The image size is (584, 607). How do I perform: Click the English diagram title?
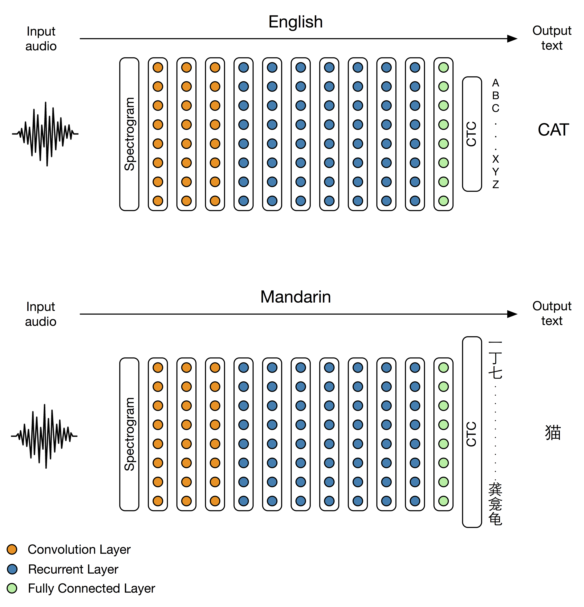coord(295,22)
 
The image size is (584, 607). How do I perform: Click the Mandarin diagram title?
coord(295,297)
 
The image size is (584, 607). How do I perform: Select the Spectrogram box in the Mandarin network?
coord(129,434)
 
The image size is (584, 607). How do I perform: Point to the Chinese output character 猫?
coord(553,433)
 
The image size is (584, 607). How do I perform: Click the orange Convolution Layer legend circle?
coord(12,549)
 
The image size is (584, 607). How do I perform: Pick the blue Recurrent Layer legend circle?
coord(12,569)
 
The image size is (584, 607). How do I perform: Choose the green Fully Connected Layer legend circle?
coord(12,588)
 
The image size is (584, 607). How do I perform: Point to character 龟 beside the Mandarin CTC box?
coord(495,519)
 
